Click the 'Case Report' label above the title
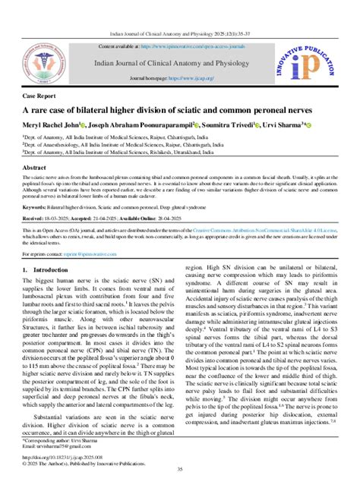click(39, 98)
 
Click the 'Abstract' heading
click(34, 166)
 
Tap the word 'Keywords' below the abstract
click(36, 206)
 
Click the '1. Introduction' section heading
click(48, 269)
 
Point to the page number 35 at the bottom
click(180, 470)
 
